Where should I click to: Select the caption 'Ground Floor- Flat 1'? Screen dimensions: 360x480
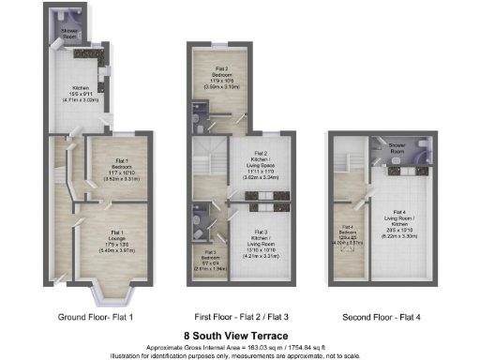(x=97, y=317)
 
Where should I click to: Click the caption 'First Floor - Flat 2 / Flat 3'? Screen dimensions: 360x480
(x=240, y=317)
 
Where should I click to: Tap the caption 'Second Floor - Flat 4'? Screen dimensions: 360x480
(x=382, y=317)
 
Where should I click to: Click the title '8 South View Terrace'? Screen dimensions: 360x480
(x=240, y=335)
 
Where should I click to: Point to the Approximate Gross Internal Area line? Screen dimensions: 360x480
(x=240, y=347)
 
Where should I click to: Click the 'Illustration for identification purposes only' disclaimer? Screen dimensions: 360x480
(x=240, y=354)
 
